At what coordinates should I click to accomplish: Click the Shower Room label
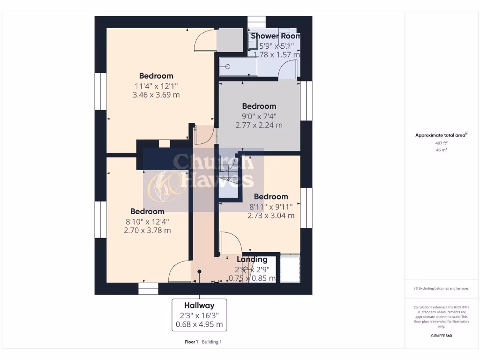[276, 36]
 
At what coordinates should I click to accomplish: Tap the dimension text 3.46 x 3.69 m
[157, 95]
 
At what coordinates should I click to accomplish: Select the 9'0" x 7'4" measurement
[259, 116]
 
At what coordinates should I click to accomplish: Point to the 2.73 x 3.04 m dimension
[271, 216]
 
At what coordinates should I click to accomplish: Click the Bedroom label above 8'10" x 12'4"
[147, 211]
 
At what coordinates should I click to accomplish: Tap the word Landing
[252, 259]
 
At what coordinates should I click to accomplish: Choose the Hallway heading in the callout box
[199, 306]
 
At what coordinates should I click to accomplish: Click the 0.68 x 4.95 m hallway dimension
[199, 324]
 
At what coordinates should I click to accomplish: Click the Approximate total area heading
[441, 135]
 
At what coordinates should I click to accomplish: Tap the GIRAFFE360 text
[441, 336]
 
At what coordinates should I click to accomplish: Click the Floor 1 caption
[191, 342]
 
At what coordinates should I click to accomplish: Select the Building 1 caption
[212, 342]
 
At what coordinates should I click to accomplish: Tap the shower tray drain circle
[228, 67]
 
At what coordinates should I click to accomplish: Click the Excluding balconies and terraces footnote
[441, 288]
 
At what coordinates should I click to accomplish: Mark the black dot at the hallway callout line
[199, 271]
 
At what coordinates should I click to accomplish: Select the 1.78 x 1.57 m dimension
[276, 54]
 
